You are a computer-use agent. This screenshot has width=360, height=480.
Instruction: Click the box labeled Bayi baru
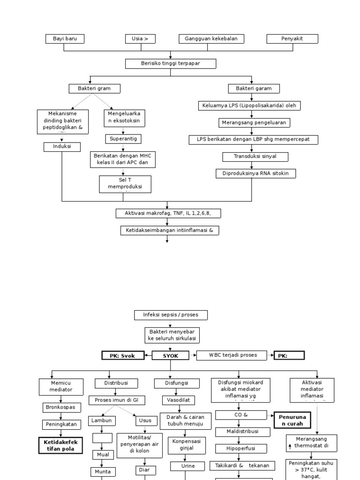tap(65, 39)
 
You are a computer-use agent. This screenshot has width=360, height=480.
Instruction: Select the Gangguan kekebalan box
tap(211, 39)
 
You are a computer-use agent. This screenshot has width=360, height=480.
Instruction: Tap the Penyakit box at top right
tap(292, 39)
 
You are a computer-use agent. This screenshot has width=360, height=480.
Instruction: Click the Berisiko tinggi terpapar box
tap(171, 63)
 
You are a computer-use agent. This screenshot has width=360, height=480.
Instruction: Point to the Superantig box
tap(123, 139)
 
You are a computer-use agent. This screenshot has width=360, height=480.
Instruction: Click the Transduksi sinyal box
tap(255, 157)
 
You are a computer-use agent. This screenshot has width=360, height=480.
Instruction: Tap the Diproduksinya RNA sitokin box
tap(256, 173)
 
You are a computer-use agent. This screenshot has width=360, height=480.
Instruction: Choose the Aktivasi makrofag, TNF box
tap(168, 213)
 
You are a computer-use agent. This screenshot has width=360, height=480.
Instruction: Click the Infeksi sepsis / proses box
tap(171, 315)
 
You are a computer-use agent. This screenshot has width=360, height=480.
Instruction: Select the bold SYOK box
tap(171, 355)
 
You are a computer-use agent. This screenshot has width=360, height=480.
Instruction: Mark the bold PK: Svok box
tap(122, 355)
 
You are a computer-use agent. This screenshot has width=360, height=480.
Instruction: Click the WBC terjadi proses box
tap(233, 355)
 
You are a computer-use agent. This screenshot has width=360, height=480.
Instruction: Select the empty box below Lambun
tap(102, 438)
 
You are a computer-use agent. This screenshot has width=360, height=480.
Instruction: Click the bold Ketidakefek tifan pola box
tap(61, 445)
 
